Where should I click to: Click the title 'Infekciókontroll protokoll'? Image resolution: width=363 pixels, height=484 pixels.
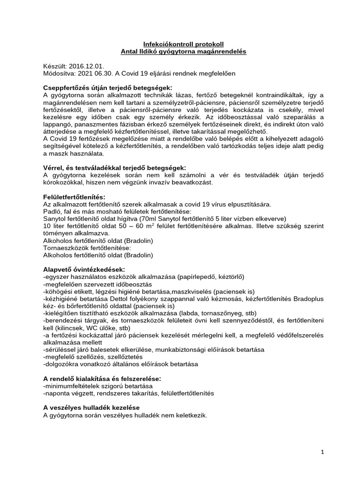(181, 43)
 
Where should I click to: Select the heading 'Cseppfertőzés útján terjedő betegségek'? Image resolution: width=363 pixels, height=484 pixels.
(107, 87)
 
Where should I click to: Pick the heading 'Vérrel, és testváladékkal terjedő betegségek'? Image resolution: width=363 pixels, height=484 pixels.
(114, 167)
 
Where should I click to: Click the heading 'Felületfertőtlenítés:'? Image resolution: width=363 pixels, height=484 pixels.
(74, 196)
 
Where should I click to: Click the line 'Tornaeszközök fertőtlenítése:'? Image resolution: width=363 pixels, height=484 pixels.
(87, 248)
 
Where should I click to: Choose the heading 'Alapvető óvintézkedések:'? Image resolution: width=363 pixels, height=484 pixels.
(84, 269)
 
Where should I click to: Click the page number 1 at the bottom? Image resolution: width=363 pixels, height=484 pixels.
(322, 452)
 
